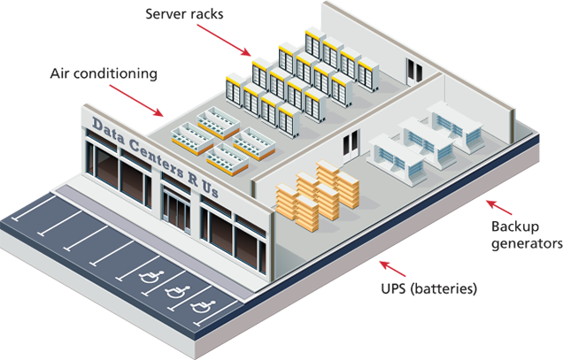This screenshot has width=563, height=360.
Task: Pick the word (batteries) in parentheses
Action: (x=447, y=288)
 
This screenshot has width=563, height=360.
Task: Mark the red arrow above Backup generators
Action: (x=497, y=205)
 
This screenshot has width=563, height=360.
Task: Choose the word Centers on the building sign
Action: (x=160, y=161)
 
